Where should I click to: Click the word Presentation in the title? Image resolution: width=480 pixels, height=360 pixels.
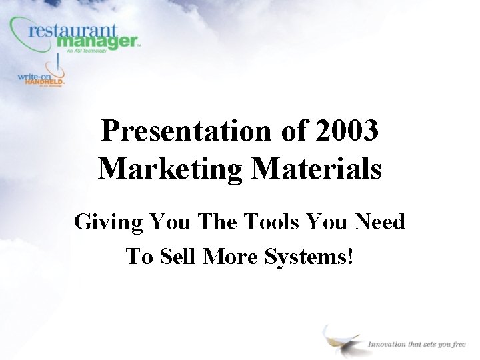pyautogui.click(x=184, y=131)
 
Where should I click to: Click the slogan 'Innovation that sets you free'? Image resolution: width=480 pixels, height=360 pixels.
pyautogui.click(x=416, y=344)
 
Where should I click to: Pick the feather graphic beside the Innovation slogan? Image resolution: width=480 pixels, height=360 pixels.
pyautogui.click(x=341, y=341)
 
